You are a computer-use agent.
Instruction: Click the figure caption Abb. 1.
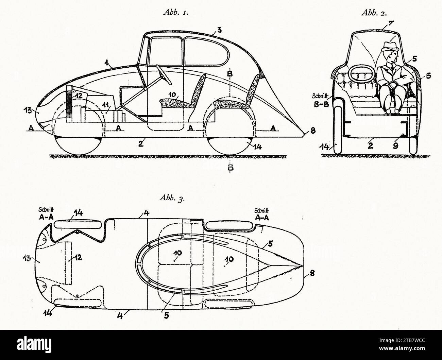point(176,13)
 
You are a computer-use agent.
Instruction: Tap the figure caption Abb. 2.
point(374,13)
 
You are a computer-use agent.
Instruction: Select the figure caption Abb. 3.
point(172,198)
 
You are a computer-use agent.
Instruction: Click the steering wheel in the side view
point(164,75)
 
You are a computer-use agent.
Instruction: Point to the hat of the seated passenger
point(391,47)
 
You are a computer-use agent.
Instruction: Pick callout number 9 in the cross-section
point(395,145)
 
